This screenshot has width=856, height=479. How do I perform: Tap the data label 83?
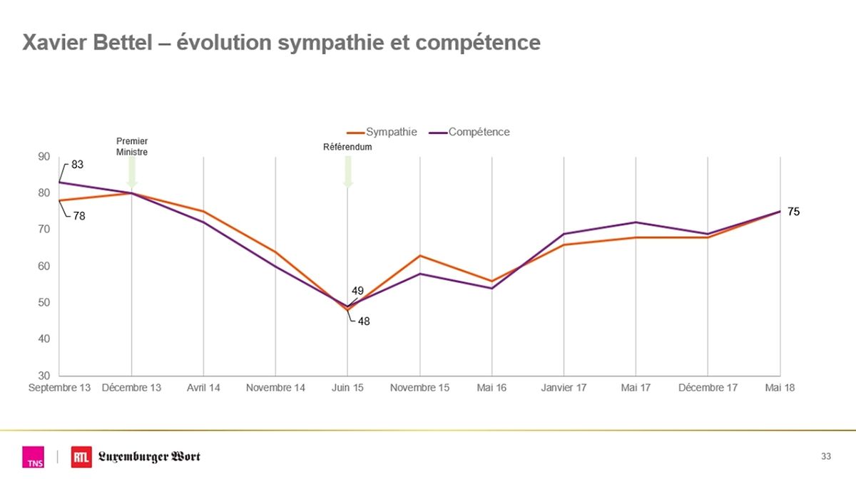coord(78,165)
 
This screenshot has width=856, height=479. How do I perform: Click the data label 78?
coord(78,216)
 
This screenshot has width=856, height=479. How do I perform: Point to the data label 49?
coord(358,291)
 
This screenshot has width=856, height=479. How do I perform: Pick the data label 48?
coord(364,321)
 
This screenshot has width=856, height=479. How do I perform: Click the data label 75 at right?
coord(794,212)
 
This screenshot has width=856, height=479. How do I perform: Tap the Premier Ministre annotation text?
coord(132,146)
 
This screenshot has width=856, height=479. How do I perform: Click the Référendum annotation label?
coord(348,147)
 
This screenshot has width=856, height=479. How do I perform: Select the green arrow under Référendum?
coord(348,172)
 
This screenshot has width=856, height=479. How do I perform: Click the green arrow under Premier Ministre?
coord(132,172)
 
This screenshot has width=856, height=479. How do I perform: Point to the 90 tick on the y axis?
coord(44,157)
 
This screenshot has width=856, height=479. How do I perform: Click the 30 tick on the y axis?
coord(44,376)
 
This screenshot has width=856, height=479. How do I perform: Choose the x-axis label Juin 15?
coord(347,388)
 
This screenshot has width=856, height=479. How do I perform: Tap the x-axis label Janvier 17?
coord(564,388)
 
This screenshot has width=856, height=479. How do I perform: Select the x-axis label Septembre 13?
coord(60,388)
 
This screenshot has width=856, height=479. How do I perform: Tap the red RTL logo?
coord(81,457)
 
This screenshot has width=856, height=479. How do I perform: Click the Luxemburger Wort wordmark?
coord(149,457)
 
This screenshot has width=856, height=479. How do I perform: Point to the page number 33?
coord(826,456)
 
